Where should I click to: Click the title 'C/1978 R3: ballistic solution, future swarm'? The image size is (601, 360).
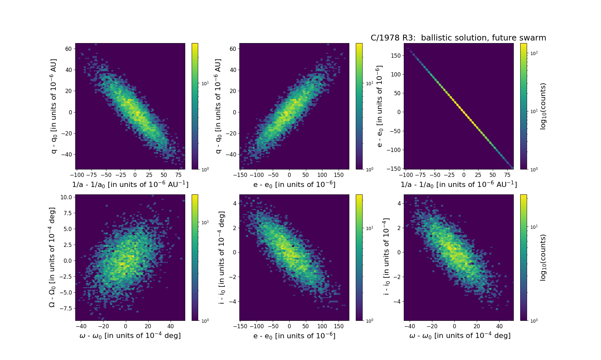pyautogui.click(x=458, y=38)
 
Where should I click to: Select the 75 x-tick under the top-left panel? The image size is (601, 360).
pyautogui.click(x=178, y=175)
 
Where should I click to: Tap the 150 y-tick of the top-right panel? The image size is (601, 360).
pyautogui.click(x=396, y=55)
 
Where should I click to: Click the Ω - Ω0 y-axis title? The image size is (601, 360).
pyautogui.click(x=52, y=257)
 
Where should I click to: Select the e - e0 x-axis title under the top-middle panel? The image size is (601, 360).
pyautogui.click(x=294, y=184)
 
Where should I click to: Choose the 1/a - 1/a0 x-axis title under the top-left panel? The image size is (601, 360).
pyautogui.click(x=130, y=184)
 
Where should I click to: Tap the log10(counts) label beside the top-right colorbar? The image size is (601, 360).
pyautogui.click(x=543, y=106)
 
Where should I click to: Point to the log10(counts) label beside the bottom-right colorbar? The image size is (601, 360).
pyautogui.click(x=543, y=257)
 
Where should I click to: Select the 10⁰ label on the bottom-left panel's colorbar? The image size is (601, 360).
pyautogui.click(x=205, y=320)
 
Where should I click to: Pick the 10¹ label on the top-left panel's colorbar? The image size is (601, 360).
pyautogui.click(x=205, y=83)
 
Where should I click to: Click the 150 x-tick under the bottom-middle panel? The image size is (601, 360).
pyautogui.click(x=339, y=326)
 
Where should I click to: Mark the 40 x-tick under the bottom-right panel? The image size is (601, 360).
pyautogui.click(x=499, y=326)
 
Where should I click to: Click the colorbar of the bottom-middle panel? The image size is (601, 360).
pyautogui.click(x=359, y=257)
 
